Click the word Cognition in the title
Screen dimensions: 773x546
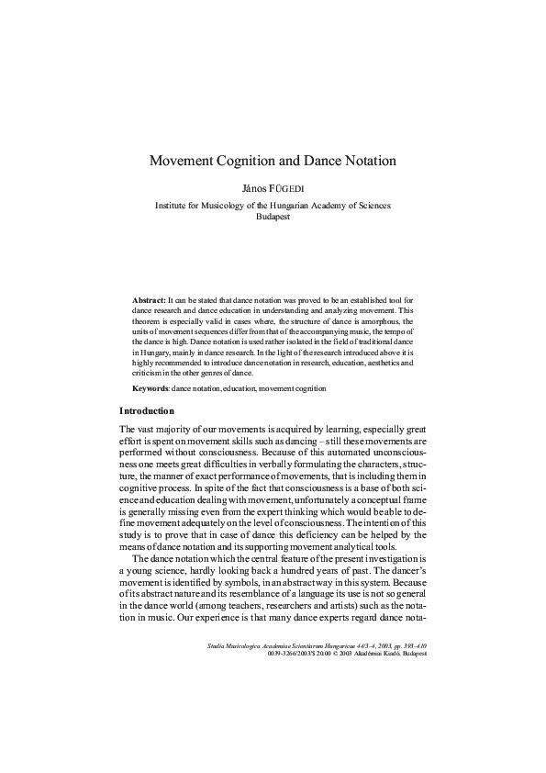click(254, 161)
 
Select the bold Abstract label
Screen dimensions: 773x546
click(149, 300)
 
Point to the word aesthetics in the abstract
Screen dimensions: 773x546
click(383, 364)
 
